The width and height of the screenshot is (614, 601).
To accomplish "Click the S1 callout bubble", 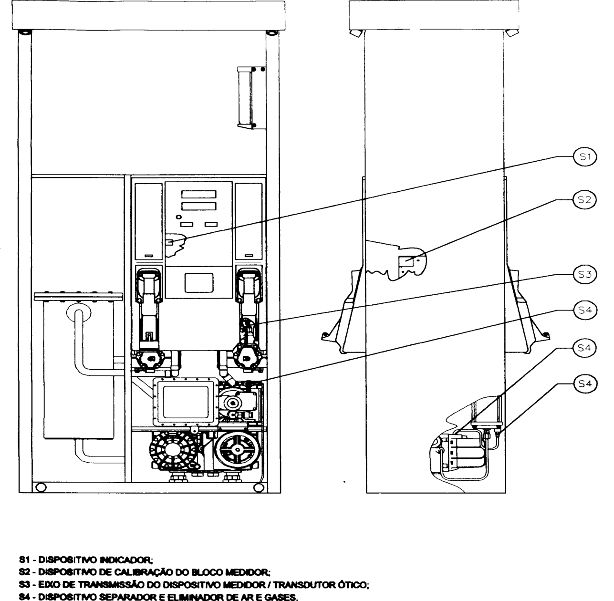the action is click(x=585, y=157).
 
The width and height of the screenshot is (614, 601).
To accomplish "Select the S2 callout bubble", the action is click(x=585, y=200).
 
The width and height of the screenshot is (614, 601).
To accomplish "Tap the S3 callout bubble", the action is click(x=585, y=274).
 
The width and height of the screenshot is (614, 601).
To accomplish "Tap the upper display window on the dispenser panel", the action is click(x=198, y=195).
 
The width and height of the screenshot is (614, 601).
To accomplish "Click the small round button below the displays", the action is click(x=179, y=217).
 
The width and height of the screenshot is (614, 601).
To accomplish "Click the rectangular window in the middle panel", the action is click(x=199, y=282).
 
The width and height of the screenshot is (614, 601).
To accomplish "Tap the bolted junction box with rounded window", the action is click(x=186, y=402).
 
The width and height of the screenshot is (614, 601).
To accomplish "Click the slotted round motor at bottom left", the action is click(x=174, y=451).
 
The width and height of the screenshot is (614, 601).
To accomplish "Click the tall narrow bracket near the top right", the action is click(x=252, y=98).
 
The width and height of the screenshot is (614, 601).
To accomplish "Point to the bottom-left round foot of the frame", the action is click(x=41, y=487).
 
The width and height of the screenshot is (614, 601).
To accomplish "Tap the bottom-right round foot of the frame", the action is click(x=259, y=487).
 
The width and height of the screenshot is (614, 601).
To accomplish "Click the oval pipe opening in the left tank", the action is click(x=78, y=312).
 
